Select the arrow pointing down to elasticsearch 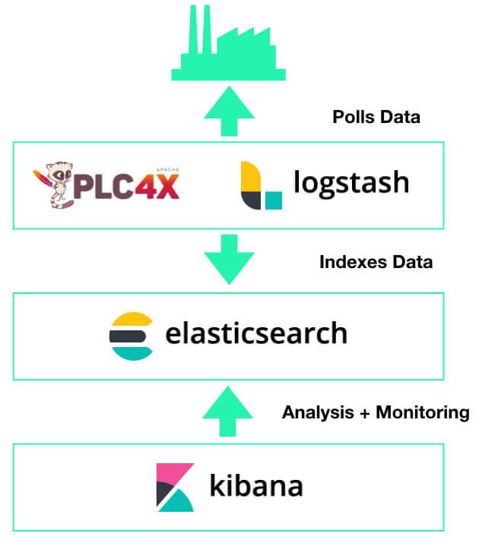click(x=227, y=258)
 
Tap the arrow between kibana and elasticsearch click(x=227, y=411)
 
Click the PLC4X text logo click(x=125, y=185)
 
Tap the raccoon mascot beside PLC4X click(x=52, y=185)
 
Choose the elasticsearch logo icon click(x=131, y=333)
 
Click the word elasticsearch click(x=256, y=333)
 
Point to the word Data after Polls click(x=401, y=117)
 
